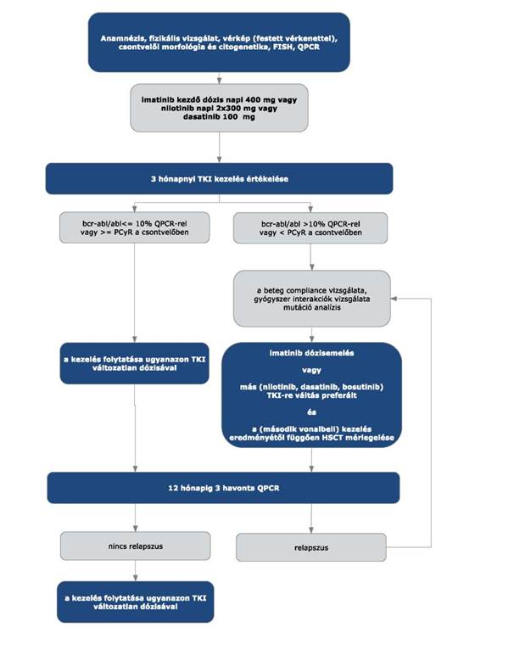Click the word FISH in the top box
coord(282,48)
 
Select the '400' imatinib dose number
coord(254,99)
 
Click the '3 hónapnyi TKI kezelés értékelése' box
coord(220,179)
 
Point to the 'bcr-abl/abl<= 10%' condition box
coord(135,227)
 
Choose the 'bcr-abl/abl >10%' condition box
coord(310,228)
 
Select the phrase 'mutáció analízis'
coord(312,307)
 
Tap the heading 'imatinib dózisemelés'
coord(312,353)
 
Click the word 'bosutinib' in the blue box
coord(362,387)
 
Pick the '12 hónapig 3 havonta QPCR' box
coord(223,488)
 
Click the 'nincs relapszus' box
coord(136,546)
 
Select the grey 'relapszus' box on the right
coord(311,547)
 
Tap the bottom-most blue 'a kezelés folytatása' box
coord(136,602)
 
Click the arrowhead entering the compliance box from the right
coord(394,299)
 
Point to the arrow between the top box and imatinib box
coord(220,78)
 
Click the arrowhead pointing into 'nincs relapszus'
coord(136,529)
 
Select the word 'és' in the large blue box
coord(312,412)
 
